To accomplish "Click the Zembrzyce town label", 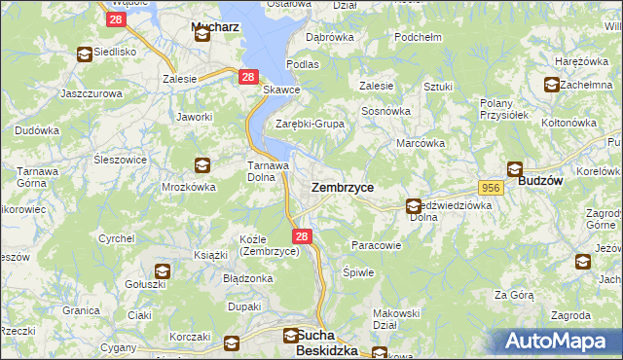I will tap(342, 186).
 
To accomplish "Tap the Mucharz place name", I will tap(202, 20).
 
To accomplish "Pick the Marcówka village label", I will tap(421, 143).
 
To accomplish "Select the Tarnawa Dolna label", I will tap(266, 171).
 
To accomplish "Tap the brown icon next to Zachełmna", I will tap(552, 85).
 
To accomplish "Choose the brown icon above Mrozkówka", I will tap(202, 164).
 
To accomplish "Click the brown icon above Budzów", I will tap(514, 166).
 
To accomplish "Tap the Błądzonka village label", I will tap(248, 277).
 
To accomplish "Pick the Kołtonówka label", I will tap(568, 123).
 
